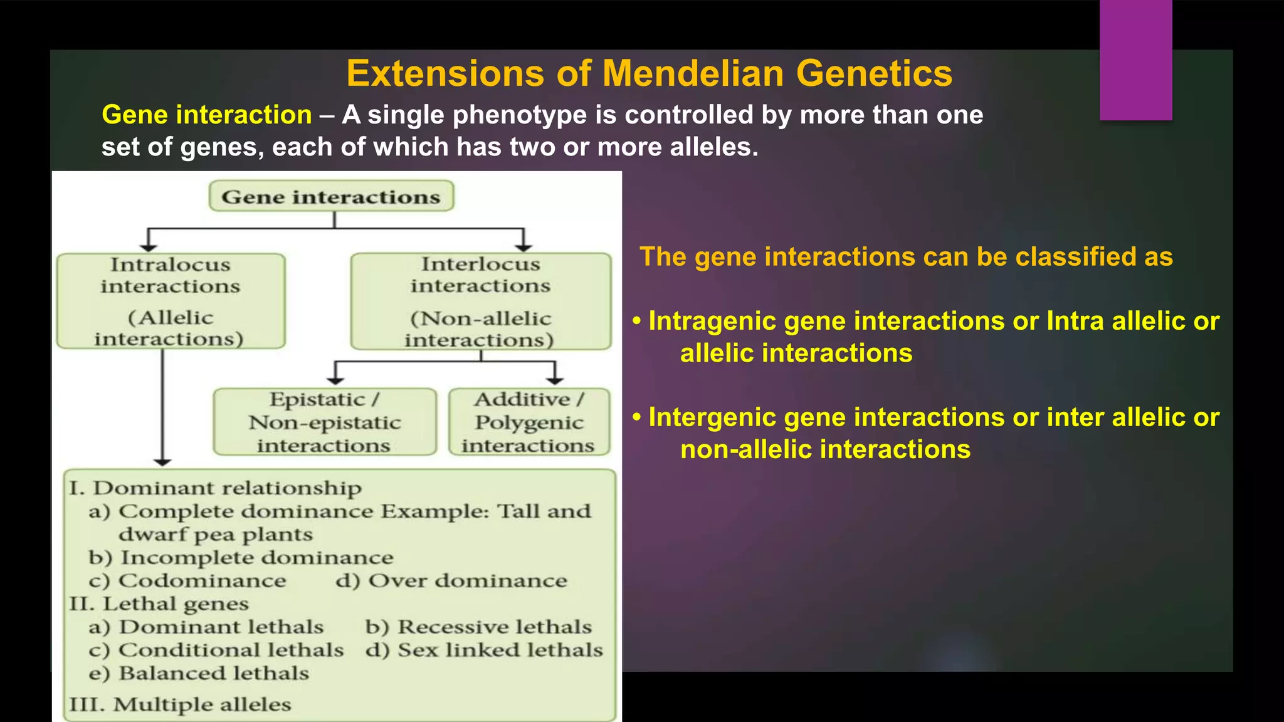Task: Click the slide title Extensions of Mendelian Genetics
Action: click(649, 73)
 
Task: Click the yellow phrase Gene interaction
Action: click(207, 115)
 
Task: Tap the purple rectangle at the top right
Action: click(1135, 60)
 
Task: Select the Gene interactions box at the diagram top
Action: click(331, 197)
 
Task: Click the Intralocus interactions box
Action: click(171, 301)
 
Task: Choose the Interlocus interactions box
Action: click(480, 301)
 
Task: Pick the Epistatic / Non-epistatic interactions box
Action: click(324, 422)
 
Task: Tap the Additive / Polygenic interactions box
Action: click(529, 422)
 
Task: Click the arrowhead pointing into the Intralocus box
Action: click(148, 248)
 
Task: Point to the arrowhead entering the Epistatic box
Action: click(335, 380)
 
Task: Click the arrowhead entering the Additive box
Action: click(555, 380)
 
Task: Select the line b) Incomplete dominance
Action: click(241, 557)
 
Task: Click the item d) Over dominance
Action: click(451, 580)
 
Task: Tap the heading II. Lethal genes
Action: click(159, 604)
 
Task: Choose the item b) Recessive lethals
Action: click(478, 627)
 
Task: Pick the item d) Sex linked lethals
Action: click(484, 650)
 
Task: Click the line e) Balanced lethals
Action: click(199, 673)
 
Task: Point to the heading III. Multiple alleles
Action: click(180, 704)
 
